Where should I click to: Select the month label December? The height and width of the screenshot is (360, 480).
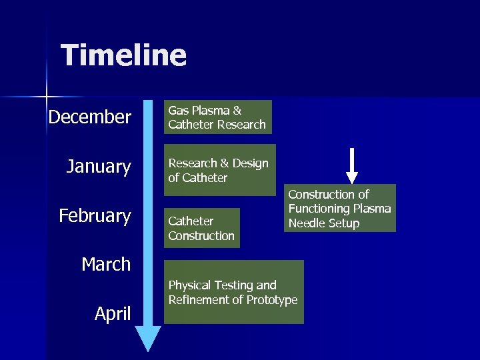[x=90, y=117]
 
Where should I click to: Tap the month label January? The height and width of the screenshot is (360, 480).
[x=99, y=166]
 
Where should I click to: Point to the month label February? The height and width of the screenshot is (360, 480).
[x=95, y=216]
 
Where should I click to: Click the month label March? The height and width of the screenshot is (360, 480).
[x=106, y=264]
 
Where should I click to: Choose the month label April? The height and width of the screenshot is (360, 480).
[x=113, y=313]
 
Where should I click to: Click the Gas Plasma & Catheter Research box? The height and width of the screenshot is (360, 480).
[x=218, y=117]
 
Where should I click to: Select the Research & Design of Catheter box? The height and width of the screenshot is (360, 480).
[x=219, y=170]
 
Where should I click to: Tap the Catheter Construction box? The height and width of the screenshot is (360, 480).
[x=201, y=228]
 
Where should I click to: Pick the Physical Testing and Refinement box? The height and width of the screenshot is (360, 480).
[x=233, y=292]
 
